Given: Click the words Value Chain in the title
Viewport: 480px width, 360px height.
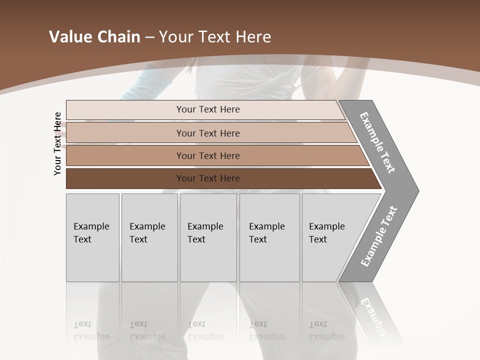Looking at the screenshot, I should (94, 37).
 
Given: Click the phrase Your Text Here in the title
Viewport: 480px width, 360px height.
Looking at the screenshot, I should (215, 37).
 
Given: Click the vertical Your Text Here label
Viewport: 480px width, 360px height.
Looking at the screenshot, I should (57, 143).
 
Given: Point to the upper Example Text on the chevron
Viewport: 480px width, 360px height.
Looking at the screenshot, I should (377, 142).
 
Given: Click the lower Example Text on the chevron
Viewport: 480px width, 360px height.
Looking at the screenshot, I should (379, 236).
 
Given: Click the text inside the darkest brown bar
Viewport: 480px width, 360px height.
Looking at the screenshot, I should (208, 178).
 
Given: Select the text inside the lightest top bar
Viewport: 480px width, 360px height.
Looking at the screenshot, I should (208, 109).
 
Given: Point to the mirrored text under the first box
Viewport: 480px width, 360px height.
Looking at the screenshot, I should (91, 330).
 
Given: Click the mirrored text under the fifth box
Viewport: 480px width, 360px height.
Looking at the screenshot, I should (327, 330).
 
